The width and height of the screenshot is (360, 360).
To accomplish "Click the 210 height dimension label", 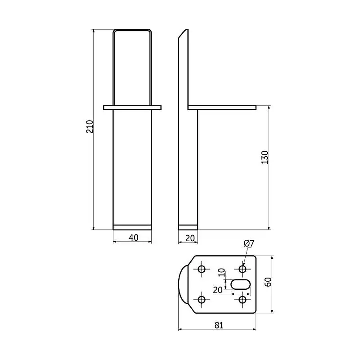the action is tap(89, 126).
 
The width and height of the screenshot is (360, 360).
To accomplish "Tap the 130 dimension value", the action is tap(265, 157).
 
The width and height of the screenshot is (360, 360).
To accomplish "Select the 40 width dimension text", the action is tap(133, 238).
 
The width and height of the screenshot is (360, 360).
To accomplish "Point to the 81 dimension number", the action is tap(219, 325).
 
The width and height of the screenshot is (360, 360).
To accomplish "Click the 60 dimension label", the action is tap(268, 282).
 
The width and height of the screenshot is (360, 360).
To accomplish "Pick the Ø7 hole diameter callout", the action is tap(249, 243).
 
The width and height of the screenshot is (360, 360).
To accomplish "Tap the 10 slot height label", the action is tap(221, 273).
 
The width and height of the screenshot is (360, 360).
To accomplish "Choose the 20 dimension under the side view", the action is tap(190, 238).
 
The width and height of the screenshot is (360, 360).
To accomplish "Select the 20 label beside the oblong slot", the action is tap(218, 290).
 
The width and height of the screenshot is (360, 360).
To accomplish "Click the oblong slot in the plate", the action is tap(240, 284).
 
